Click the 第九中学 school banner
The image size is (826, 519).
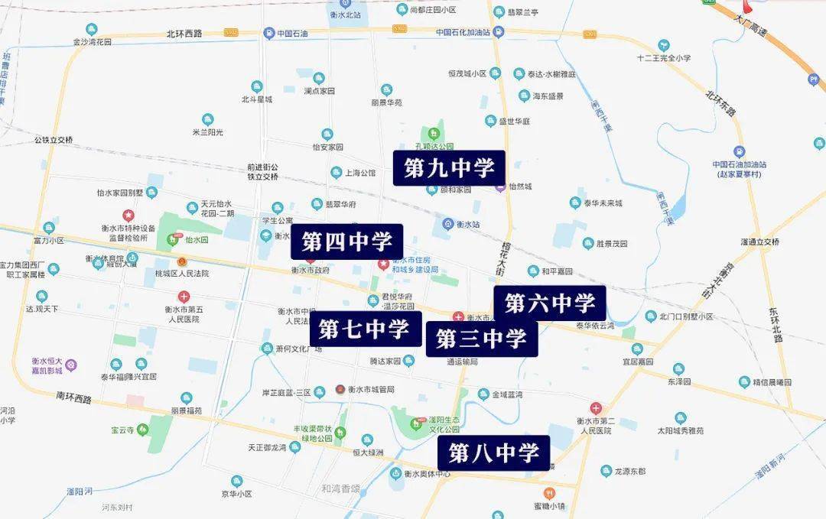[x=449, y=167]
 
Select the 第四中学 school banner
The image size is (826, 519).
[x=346, y=242]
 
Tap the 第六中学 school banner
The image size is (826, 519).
[x=550, y=303]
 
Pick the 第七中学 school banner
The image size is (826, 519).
[x=365, y=329]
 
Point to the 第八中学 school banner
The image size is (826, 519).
[x=494, y=453]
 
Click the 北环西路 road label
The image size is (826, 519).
[x=184, y=34]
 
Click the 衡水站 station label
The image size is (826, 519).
[x=467, y=224]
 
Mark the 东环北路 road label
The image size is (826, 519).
[x=777, y=323]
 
